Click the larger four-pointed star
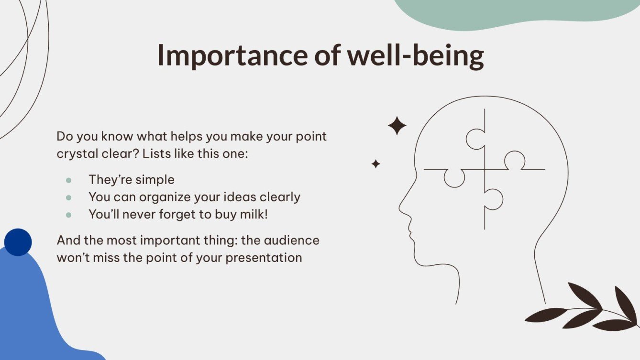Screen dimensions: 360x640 [x=397, y=126]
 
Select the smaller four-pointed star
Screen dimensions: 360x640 [x=376, y=164]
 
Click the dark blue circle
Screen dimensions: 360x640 [x=18, y=242]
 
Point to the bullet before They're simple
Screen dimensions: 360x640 [x=69, y=180]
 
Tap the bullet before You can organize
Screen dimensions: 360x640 [x=69, y=197]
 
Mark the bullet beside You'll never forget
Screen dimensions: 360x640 [x=69, y=215]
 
